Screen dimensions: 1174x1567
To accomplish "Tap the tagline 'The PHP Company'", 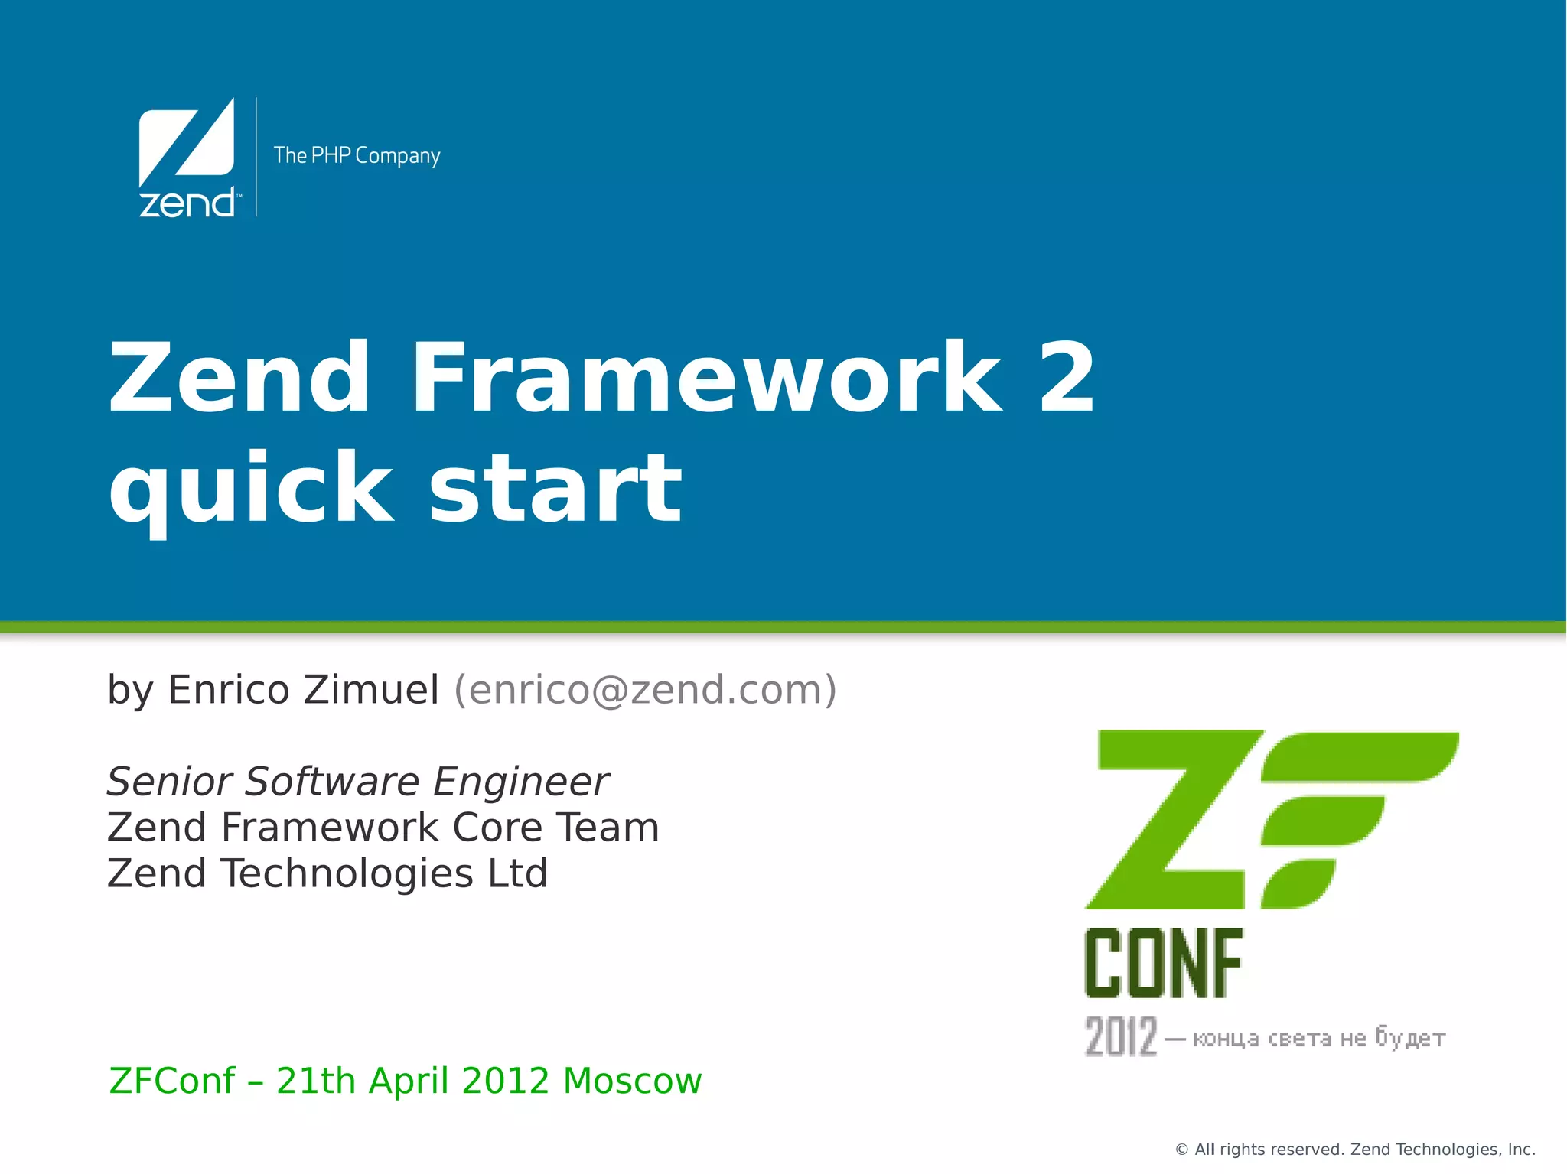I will pos(357,155).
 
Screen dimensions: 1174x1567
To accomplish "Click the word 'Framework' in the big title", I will pos(705,378).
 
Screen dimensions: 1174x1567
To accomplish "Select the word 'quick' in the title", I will pos(251,489).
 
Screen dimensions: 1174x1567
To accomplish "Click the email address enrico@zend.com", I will pos(645,690).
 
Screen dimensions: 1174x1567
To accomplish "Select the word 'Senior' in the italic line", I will pos(169,782).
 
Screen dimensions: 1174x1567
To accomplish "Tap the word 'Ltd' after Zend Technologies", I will pos(518,873).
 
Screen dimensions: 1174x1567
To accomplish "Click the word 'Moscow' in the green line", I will pos(632,1081).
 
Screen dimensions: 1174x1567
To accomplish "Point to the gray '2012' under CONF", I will pos(1121,1037).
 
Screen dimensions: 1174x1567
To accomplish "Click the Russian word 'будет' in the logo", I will pos(1410,1038).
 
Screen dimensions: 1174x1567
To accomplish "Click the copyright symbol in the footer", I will pos(1181,1150).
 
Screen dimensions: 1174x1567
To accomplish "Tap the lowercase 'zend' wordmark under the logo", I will pos(187,203).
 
